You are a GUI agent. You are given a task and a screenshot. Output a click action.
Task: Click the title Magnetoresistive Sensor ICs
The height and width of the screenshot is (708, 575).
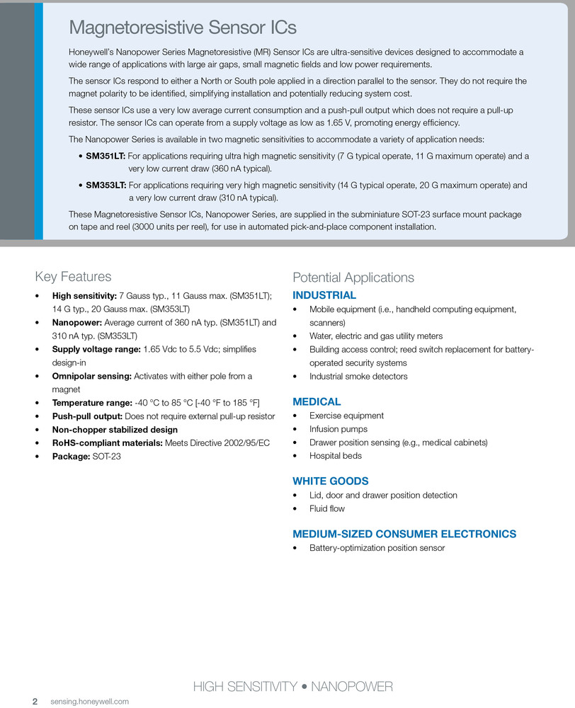[x=183, y=28]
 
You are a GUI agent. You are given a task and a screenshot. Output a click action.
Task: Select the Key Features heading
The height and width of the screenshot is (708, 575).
[x=73, y=277]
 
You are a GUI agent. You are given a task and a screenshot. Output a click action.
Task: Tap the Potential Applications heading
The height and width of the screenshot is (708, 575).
[x=353, y=278]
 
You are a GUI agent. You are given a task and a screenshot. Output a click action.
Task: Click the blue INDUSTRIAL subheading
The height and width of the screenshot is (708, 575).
[x=324, y=295]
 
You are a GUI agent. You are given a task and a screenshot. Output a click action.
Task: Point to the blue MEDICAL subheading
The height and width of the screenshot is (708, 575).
[x=317, y=401]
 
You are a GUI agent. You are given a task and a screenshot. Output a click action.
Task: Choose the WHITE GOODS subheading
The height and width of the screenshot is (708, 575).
[x=331, y=481]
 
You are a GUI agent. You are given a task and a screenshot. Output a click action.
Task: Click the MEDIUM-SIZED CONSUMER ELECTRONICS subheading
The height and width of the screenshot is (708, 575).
[x=404, y=534]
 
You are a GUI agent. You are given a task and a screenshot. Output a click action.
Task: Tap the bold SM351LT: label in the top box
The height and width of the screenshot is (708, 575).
[x=106, y=156]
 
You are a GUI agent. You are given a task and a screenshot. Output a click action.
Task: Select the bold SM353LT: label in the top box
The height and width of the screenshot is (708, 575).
[x=106, y=185]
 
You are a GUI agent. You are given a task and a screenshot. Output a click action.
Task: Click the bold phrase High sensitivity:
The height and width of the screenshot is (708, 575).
[x=84, y=296]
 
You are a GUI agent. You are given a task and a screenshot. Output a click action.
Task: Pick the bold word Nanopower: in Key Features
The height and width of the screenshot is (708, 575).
[x=77, y=323]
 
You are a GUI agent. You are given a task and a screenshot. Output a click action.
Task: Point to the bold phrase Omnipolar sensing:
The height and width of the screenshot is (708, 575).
[x=92, y=376]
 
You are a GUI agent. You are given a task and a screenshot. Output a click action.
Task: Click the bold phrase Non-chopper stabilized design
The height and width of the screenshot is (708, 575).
[x=115, y=430]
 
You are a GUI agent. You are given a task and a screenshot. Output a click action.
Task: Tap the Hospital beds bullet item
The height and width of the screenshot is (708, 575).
[x=336, y=456]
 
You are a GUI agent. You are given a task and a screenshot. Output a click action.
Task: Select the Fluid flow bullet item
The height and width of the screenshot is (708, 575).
[x=327, y=508]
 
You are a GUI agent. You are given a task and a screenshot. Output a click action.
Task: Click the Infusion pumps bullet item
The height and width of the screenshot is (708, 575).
[x=338, y=429]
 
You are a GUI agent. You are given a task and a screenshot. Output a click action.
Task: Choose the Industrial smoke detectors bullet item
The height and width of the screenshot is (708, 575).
[x=358, y=376]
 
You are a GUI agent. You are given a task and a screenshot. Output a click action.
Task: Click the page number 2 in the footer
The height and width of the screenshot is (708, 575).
[x=34, y=702]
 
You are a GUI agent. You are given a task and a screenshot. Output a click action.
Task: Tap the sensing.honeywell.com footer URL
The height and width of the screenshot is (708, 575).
[x=90, y=702]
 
